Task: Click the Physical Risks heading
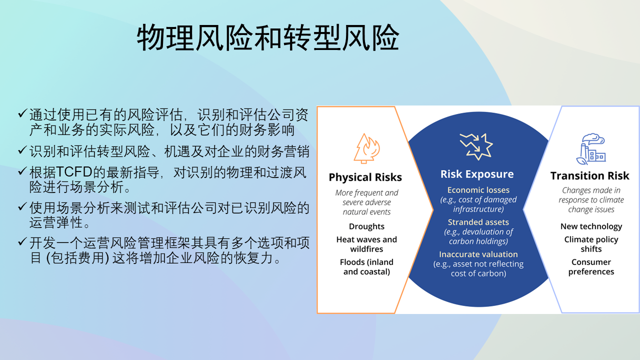pos(365,177)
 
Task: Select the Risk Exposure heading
pos(477,174)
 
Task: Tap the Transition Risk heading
pos(590,176)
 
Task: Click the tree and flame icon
pos(366,148)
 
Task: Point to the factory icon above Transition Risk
pos(590,148)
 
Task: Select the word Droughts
pos(366,226)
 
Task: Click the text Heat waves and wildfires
pos(366,244)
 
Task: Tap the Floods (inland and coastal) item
pos(366,267)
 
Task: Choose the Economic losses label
pos(478,190)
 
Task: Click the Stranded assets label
pos(478,222)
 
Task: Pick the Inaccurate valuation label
pos(478,254)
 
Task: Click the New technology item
pos(591,226)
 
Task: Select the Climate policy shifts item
pos(591,244)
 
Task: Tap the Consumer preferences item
pos(591,267)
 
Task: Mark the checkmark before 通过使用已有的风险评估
pos(22,114)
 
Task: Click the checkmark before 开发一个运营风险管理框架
pos(22,243)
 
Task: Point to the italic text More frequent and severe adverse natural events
pos(366,202)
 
